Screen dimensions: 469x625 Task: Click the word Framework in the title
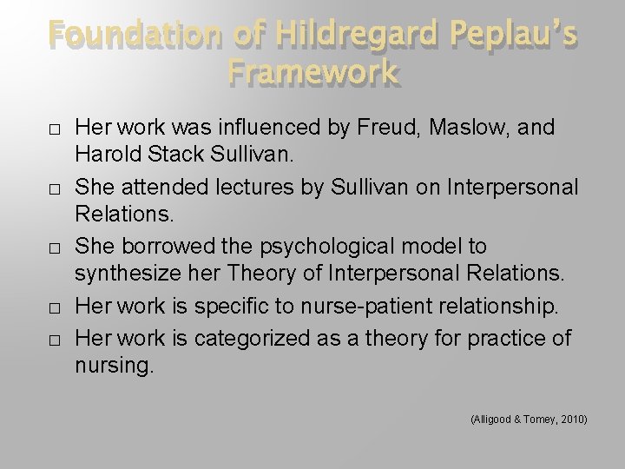click(313, 72)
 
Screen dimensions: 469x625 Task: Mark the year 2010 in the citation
click(571, 419)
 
